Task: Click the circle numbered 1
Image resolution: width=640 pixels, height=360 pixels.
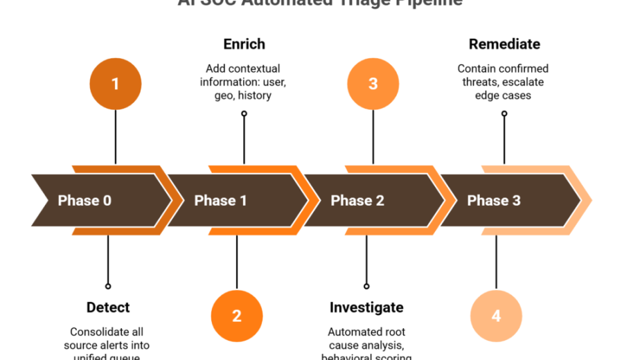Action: coord(115,84)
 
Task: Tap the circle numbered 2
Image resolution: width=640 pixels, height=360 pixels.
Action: coord(237,316)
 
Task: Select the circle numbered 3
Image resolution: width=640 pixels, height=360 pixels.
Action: coord(373,84)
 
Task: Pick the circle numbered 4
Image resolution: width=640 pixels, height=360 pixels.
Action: coord(496,316)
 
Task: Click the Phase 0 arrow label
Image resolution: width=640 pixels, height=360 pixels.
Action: coord(85,201)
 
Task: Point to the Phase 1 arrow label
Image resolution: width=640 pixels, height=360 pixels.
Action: coord(220,201)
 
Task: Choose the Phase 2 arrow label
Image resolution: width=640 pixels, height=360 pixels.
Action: coord(357,201)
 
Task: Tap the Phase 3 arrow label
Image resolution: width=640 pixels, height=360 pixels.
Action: coord(493,201)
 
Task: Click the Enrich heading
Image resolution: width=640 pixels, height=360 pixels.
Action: coord(244,44)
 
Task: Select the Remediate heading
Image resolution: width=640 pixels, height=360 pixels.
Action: coord(504,44)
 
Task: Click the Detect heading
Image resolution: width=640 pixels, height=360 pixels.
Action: coord(108,307)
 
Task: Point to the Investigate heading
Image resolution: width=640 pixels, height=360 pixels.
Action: coord(366,307)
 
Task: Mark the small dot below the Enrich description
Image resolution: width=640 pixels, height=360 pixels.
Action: coord(244,114)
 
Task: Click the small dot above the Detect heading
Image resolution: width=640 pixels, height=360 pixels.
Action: coord(108,286)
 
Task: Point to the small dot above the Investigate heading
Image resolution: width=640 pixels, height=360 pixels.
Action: coord(366,286)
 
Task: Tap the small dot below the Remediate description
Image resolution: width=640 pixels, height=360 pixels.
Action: coord(504,114)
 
